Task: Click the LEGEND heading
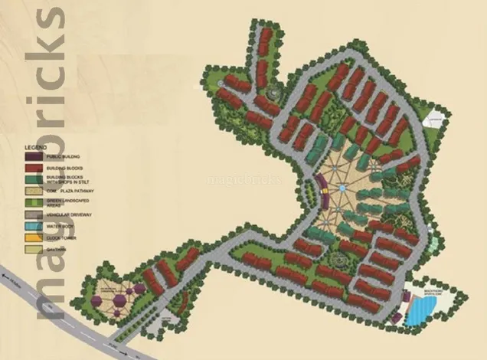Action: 36,146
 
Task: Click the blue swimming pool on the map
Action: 422,311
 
